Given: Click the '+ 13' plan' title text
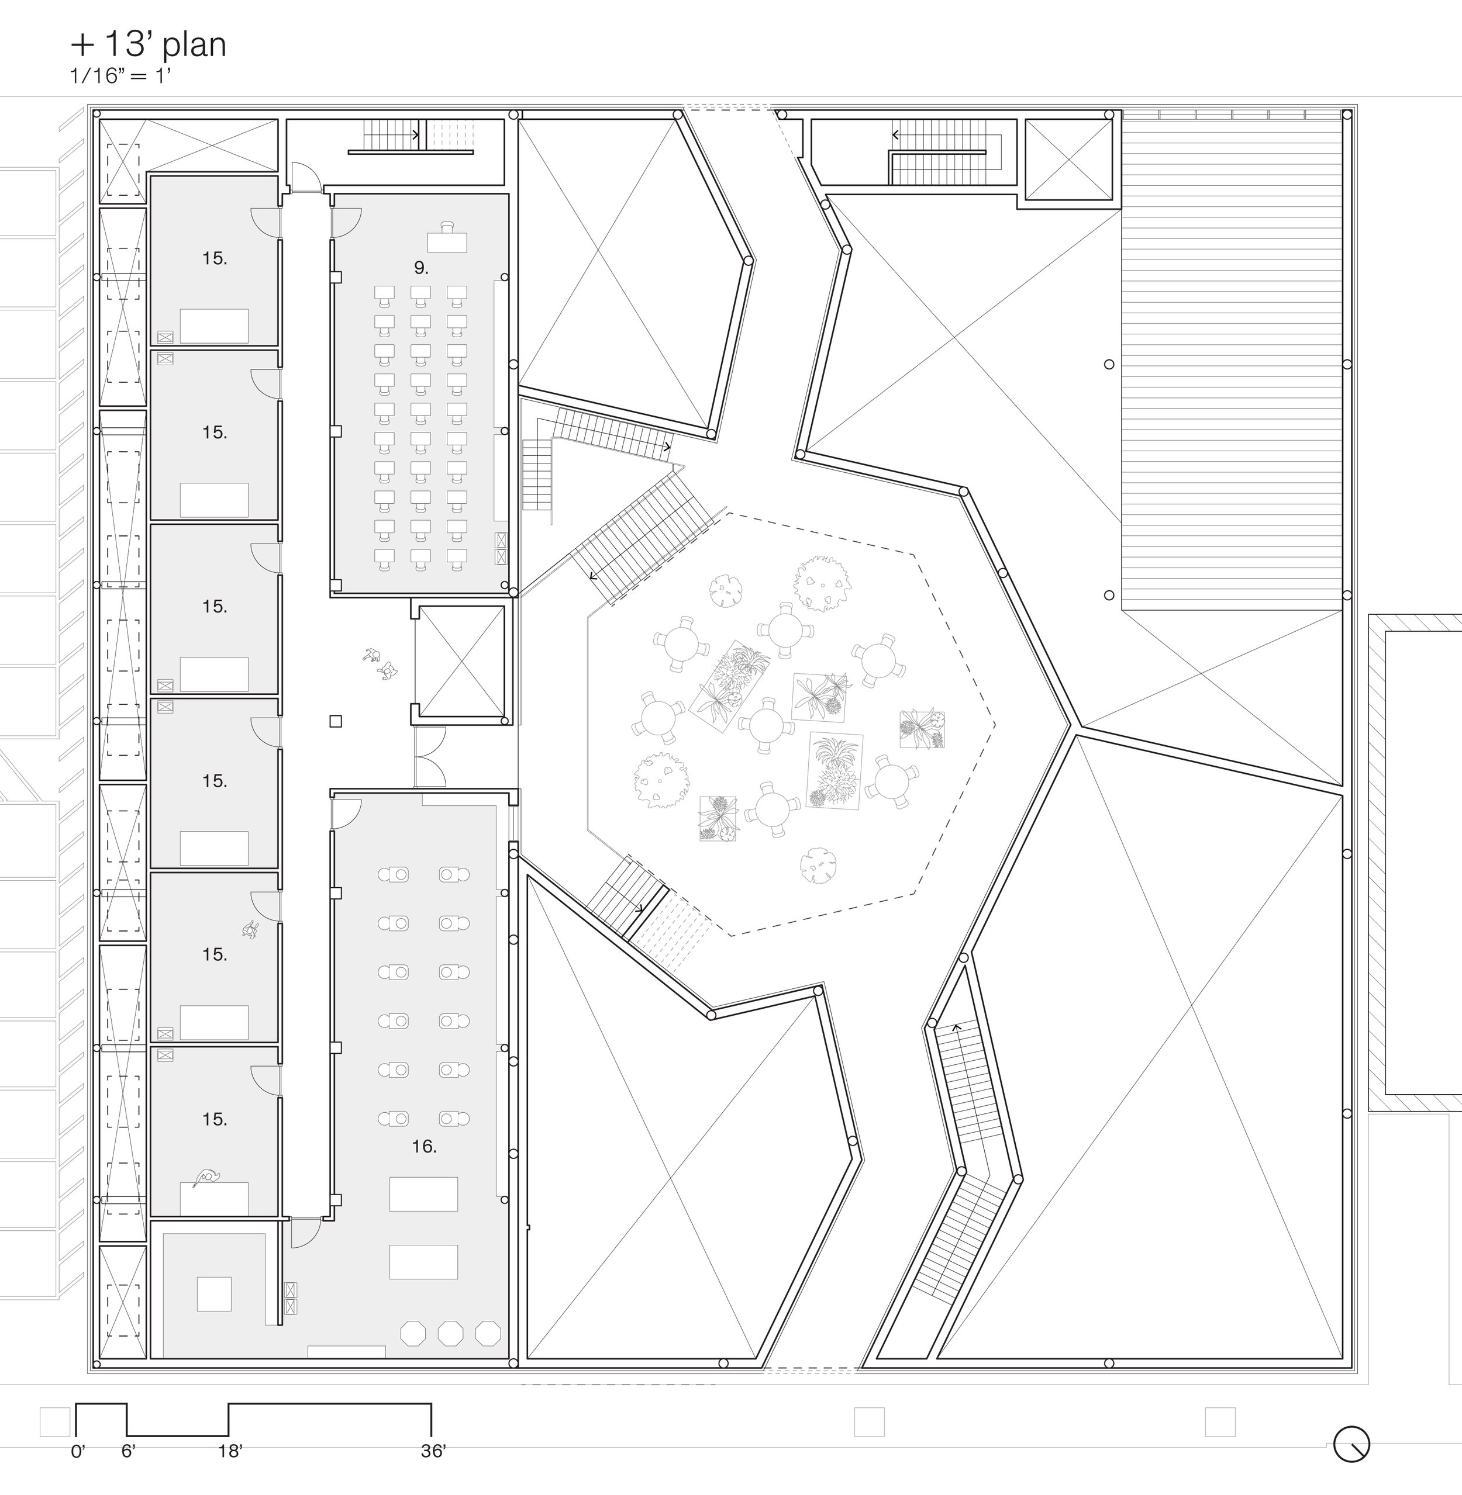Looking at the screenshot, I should point(148,44).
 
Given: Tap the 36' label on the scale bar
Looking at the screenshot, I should point(433,1451).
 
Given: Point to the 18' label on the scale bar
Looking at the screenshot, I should point(230,1451).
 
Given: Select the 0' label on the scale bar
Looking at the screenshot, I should point(78,1451).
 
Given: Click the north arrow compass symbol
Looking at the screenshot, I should point(1351,1444).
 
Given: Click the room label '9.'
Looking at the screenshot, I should point(421,268).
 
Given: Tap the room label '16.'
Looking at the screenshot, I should point(424,1147).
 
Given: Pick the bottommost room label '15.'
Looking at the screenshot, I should point(214,1120).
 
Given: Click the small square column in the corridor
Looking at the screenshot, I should point(336,721).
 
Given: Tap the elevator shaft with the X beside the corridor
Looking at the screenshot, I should point(461,661).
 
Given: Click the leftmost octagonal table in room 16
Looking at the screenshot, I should point(413,1333).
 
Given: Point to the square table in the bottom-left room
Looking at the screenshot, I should point(214,1294).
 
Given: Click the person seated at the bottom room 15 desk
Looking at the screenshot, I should point(206,1177).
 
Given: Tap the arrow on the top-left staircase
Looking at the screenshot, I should point(415,135).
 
